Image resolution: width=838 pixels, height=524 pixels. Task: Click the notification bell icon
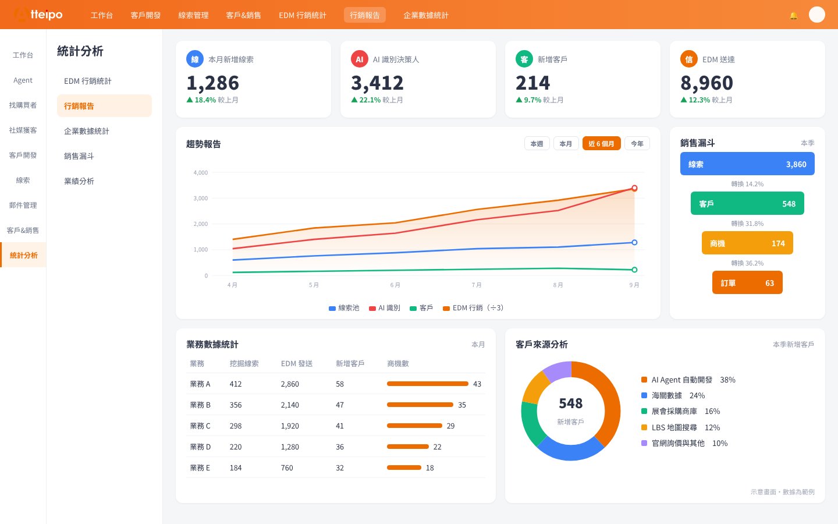793,16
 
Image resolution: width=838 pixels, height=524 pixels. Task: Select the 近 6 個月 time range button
601,144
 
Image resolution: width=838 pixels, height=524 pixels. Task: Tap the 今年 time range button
637,144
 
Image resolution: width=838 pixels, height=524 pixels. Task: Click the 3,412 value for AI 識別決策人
377,83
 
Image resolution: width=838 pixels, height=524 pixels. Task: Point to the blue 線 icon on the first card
194,59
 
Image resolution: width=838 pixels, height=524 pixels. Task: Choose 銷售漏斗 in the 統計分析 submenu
79,156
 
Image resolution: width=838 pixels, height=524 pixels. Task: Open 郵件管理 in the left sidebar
23,205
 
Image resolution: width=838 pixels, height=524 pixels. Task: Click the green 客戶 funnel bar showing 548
747,203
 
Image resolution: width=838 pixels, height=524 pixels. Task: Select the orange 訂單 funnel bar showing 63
747,282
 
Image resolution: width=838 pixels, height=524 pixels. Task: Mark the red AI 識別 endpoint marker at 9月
634,188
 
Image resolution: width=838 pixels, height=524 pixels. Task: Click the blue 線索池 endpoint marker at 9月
634,243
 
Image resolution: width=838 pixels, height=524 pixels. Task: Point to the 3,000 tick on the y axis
201,199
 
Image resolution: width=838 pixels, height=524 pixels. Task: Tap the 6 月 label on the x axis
395,285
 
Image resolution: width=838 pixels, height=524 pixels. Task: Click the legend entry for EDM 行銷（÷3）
473,308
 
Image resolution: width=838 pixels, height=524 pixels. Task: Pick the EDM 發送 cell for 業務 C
290,426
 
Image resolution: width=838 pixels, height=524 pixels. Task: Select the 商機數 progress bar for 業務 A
428,384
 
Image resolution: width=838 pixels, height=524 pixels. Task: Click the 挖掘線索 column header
244,363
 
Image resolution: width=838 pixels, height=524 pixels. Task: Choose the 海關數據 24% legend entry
673,396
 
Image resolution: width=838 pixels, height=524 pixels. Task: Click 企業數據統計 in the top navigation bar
426,15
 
